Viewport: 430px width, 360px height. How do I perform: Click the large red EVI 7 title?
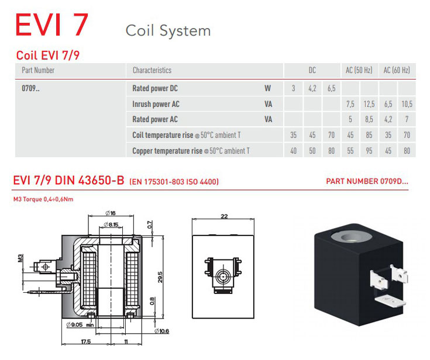(52, 24)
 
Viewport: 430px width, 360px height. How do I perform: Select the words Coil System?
(168, 30)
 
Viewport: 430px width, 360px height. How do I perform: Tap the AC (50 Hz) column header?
(359, 70)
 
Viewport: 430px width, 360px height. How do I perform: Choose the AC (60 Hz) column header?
(397, 70)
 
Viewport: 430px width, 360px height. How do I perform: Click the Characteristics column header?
(152, 70)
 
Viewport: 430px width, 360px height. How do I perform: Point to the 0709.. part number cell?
(32, 89)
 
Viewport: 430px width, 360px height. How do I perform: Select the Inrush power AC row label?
(156, 104)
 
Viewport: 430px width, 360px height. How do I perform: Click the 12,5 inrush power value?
(369, 104)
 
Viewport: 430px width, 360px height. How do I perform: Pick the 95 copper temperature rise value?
(369, 151)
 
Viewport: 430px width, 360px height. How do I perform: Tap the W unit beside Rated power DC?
(267, 89)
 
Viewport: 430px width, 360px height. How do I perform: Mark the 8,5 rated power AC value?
(369, 119)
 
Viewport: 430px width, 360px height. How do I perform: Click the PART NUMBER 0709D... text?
(367, 181)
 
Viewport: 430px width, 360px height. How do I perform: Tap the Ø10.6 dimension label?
(161, 331)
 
